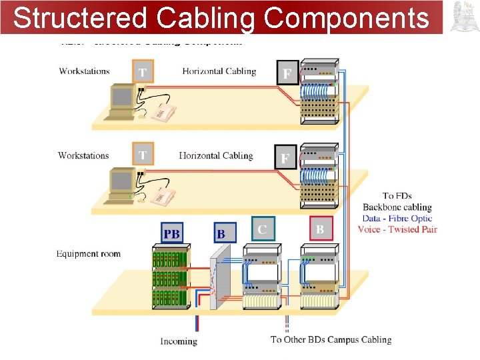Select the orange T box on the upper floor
[x=143, y=71]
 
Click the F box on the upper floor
[x=287, y=73]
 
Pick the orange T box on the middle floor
[x=143, y=155]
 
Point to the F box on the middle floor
[x=285, y=158]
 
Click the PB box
[x=172, y=233]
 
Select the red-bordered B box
[x=321, y=229]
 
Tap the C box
[x=263, y=229]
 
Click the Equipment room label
[x=88, y=254]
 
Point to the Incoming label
[x=179, y=341]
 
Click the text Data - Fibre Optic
[x=397, y=218]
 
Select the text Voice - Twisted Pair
[x=397, y=229]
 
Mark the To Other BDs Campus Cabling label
[x=331, y=339]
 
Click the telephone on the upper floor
[x=161, y=112]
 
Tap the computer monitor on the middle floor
[x=122, y=181]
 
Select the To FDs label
[x=397, y=196]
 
